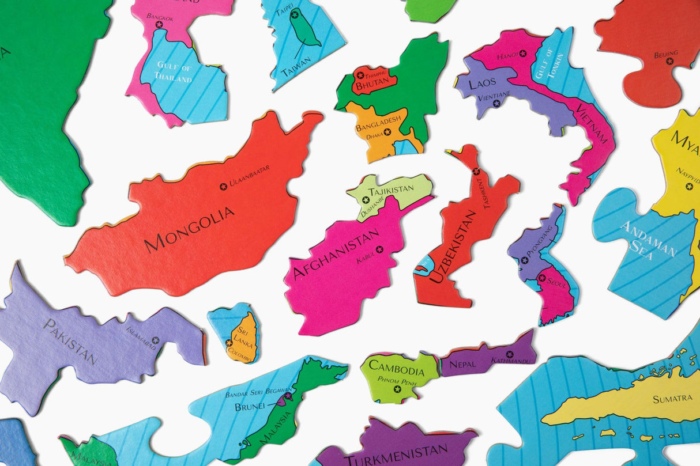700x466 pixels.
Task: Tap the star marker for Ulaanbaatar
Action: click(223, 186)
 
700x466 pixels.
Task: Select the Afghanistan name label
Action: click(336, 253)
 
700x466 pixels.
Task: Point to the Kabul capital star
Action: click(379, 249)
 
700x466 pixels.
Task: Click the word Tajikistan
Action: click(391, 189)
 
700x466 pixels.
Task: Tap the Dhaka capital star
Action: click(387, 132)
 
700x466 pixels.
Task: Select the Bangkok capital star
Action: click(159, 24)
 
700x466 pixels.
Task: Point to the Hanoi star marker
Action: click(523, 53)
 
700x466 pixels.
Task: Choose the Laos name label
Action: click(482, 84)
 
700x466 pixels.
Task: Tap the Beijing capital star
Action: click(670, 61)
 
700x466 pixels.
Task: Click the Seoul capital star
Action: click(542, 278)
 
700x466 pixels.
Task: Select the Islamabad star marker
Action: click(155, 340)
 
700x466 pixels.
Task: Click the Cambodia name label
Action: click(396, 366)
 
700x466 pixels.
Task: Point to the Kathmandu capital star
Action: click(510, 354)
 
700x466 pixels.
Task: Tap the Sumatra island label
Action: click(672, 399)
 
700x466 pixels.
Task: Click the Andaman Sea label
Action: click(648, 240)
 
